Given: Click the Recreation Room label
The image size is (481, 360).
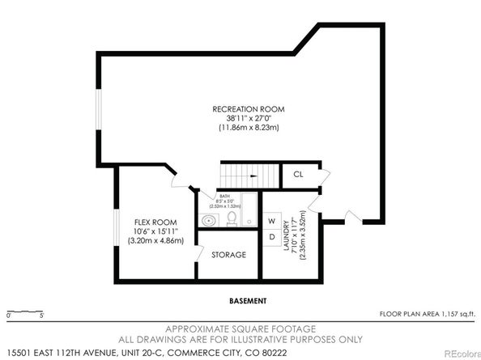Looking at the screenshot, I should coord(248,108).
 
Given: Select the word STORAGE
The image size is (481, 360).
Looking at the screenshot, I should coord(228,255).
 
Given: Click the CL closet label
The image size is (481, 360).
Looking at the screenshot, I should coord(298,174).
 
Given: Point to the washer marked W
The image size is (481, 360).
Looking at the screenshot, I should coord(272,220).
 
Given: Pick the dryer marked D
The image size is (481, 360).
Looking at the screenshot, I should coord(272,237).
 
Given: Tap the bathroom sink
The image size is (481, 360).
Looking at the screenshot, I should coord(209,220).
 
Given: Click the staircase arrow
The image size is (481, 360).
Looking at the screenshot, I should coord(254,175).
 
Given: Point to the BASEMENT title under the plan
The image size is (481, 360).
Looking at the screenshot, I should coord(247,301).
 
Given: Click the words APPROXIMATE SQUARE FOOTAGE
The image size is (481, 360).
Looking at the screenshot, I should coord(240,328).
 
